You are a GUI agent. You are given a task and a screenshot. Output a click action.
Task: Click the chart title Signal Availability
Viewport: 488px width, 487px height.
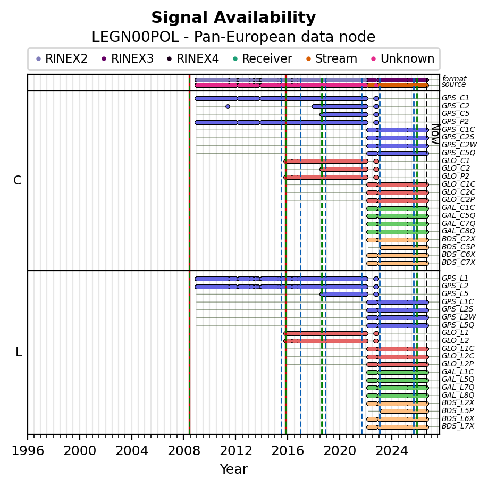[233, 18]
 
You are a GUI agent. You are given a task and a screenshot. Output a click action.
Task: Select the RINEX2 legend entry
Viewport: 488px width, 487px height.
[62, 58]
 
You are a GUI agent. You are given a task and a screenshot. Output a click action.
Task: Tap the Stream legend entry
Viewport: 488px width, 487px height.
[332, 58]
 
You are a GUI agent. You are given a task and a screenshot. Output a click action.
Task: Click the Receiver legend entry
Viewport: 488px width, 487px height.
[263, 58]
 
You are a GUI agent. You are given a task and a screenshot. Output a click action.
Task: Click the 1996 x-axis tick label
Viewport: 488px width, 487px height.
[28, 450]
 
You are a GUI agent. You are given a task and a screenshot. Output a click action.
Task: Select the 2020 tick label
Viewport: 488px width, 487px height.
[340, 450]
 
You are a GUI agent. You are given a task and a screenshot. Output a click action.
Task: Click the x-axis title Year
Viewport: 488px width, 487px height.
[234, 469]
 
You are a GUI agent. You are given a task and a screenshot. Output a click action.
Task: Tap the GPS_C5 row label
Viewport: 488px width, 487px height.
[456, 114]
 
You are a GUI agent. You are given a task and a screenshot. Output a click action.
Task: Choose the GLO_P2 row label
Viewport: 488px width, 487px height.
[456, 176]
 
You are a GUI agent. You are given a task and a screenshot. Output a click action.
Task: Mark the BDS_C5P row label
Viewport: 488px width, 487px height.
[458, 247]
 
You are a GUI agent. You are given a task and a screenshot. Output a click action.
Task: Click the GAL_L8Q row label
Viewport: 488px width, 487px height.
[458, 395]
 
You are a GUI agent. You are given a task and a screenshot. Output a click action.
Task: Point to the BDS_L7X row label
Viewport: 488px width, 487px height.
[458, 426]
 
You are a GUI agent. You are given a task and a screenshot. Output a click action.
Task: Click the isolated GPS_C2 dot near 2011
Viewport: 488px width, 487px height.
[228, 107]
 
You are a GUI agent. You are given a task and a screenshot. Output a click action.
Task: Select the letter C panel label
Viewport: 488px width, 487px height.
[18, 180]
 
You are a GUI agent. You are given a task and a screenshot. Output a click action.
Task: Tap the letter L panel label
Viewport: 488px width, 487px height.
[19, 352]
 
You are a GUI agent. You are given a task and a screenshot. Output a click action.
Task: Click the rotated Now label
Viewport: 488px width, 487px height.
[436, 134]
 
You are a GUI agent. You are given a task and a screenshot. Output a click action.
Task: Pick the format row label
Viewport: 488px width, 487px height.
[455, 79]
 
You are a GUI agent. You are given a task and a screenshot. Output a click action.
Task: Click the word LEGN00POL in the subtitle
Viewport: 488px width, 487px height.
[136, 37]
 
